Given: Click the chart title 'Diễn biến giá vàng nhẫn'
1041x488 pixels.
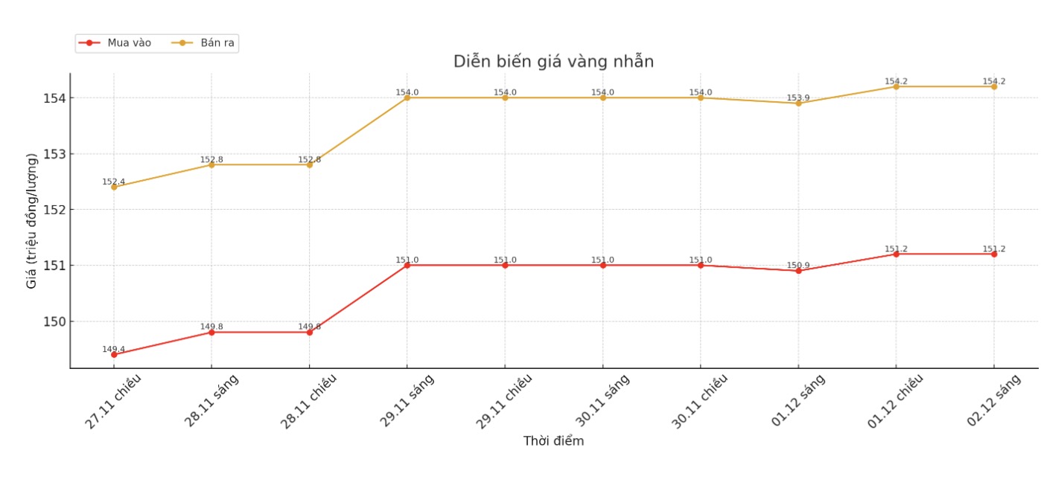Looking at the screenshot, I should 553,62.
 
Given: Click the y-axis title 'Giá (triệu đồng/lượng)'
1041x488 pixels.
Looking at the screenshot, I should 31,220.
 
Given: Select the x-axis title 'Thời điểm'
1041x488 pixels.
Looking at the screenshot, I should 553,441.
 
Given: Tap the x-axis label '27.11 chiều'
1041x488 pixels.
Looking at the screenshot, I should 112,401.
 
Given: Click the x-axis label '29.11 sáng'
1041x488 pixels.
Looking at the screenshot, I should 407,401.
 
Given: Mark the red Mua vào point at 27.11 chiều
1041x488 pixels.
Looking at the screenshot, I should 114,355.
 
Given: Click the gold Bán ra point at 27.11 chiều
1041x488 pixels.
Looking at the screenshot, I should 114,187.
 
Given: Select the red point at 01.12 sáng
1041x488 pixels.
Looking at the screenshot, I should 798,271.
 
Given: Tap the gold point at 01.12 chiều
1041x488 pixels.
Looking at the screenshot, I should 896,86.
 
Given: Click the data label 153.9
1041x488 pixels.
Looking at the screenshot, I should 798,98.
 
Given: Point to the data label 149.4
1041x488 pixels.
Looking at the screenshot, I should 113,349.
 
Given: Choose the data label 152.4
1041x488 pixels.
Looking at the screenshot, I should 113,182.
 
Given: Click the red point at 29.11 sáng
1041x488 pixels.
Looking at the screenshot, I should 407,265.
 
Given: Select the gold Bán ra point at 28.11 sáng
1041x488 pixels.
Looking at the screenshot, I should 211,164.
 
